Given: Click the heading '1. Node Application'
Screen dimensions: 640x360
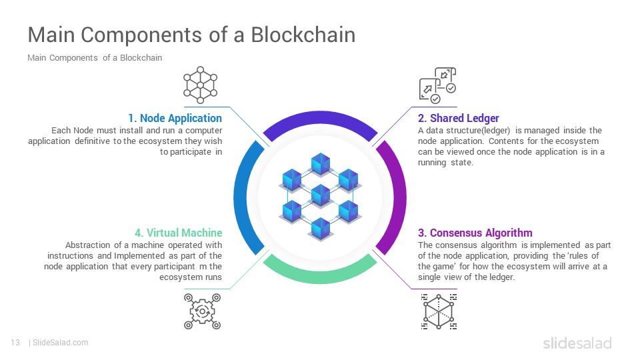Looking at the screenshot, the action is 175,118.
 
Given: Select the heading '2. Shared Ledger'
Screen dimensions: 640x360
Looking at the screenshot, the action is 459,118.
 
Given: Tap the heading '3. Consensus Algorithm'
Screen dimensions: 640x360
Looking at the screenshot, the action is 475,233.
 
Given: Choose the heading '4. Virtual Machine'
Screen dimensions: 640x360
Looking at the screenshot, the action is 179,233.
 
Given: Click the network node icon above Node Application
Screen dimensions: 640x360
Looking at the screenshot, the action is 200,85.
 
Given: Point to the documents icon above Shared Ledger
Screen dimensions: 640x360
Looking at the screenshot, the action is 437,85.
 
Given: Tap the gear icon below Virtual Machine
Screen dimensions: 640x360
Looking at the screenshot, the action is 202,311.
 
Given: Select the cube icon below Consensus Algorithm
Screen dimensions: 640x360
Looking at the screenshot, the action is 439,311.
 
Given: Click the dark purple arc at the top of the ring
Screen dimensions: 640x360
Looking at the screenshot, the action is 320,119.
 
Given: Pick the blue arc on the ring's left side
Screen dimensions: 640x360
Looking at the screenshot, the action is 241,197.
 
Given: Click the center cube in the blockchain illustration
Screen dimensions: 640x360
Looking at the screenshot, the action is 321,195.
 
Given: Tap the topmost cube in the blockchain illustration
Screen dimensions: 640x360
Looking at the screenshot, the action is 321,164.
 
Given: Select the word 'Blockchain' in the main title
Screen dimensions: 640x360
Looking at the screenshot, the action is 303,34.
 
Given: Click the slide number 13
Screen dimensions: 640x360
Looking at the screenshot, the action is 15,343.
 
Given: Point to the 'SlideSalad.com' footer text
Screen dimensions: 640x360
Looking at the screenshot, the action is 61,343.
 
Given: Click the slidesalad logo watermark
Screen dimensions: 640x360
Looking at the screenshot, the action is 577,343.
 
